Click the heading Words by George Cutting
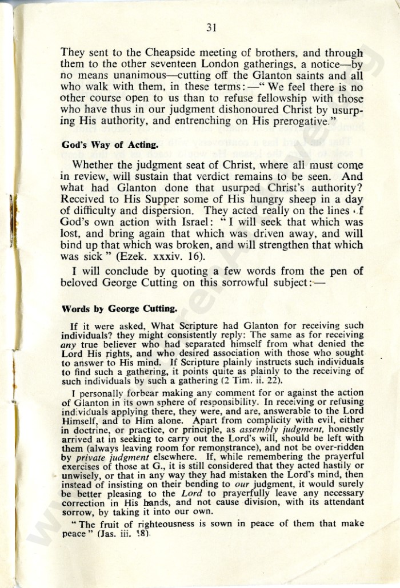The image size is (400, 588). tap(119, 309)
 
